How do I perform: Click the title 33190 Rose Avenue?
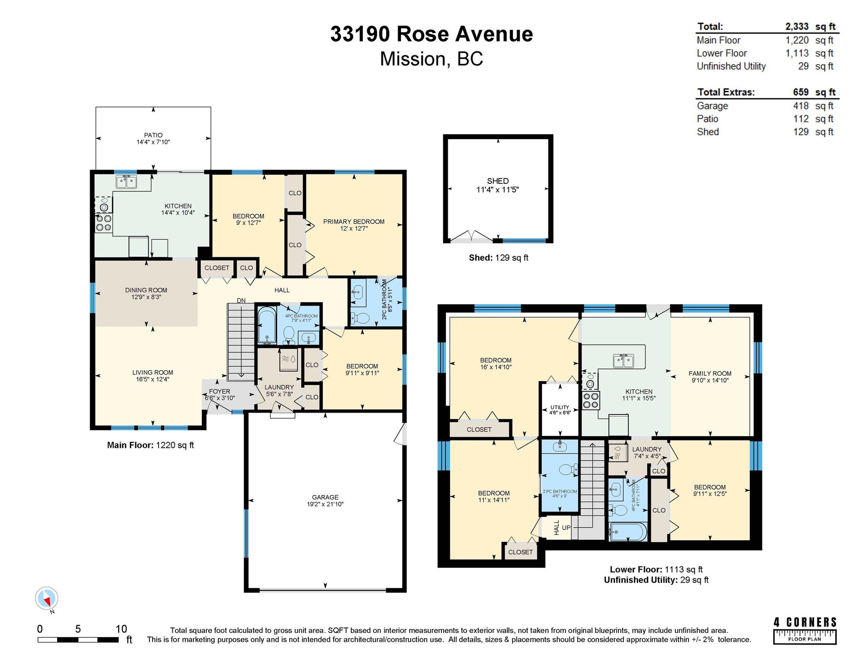pos(431,34)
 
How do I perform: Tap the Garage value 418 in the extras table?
pos(801,106)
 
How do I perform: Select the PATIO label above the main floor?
pos(153,135)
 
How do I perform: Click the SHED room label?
pos(498,181)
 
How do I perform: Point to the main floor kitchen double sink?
pos(126,182)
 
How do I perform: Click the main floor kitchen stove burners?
pos(104,223)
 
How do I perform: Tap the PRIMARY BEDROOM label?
pos(354,222)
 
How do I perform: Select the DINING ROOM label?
pos(146,290)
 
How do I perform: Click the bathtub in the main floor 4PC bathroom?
pos(267,325)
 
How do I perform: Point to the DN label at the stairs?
pos(241,300)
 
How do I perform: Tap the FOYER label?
pos(220,391)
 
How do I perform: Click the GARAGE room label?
pos(325,497)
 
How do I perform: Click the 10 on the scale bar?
pos(121,629)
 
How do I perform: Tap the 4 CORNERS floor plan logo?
pos(805,631)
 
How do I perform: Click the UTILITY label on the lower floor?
pos(560,407)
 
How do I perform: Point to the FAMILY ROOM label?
pos(710,373)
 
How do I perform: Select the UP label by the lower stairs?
pos(566,528)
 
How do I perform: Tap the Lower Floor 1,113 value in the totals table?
pos(797,53)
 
